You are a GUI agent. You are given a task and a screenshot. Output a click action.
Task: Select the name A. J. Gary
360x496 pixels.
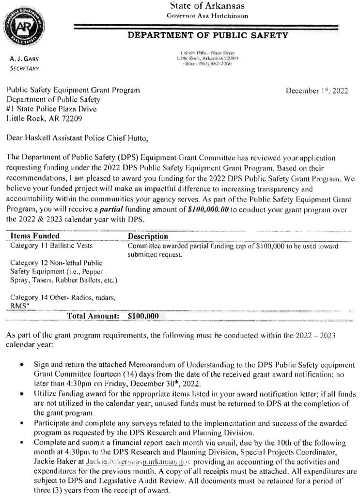(x=24, y=59)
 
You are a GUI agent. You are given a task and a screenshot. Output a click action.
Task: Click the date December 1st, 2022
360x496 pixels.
(x=316, y=91)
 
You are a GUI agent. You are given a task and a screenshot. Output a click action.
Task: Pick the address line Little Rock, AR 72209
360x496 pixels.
(x=44, y=118)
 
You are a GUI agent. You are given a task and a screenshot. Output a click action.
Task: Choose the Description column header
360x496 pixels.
(x=148, y=236)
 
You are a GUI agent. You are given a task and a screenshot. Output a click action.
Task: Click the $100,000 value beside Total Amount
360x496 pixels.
(x=143, y=315)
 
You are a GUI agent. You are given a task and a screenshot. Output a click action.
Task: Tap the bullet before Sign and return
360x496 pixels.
(x=22, y=364)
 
